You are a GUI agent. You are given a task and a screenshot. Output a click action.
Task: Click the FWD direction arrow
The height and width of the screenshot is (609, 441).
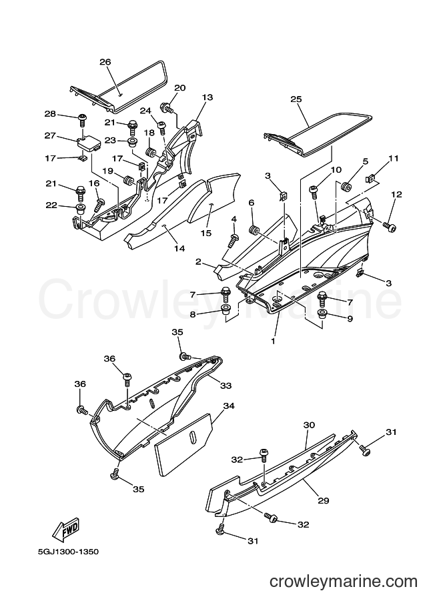click(x=66, y=530)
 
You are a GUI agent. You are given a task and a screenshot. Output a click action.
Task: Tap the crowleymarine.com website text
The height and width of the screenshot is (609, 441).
click(x=344, y=582)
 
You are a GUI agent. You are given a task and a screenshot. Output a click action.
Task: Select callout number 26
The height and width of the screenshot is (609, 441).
click(x=105, y=62)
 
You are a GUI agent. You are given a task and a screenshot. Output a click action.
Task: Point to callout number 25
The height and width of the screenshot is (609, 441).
click(x=296, y=99)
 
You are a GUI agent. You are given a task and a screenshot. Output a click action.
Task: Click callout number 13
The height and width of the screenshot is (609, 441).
click(x=207, y=97)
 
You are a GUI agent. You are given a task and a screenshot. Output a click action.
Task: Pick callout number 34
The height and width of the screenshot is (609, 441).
click(x=229, y=406)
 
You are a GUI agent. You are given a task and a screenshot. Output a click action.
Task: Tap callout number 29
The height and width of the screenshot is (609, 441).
click(x=324, y=500)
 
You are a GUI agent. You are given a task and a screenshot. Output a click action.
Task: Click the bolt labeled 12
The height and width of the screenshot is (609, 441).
click(x=390, y=226)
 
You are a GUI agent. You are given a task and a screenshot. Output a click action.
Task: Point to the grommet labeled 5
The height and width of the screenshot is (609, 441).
click(x=345, y=186)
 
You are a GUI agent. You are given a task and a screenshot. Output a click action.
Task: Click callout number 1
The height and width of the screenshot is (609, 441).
click(x=273, y=342)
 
